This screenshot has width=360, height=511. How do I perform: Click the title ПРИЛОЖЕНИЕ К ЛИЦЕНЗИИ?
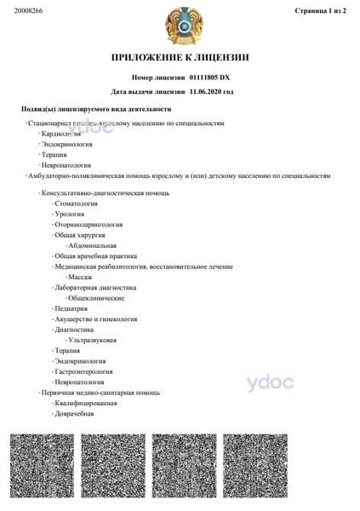pyautogui.click(x=180, y=58)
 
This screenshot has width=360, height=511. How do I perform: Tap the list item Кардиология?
pyautogui.click(x=61, y=134)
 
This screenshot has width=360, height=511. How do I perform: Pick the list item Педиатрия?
pyautogui.click(x=74, y=309)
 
